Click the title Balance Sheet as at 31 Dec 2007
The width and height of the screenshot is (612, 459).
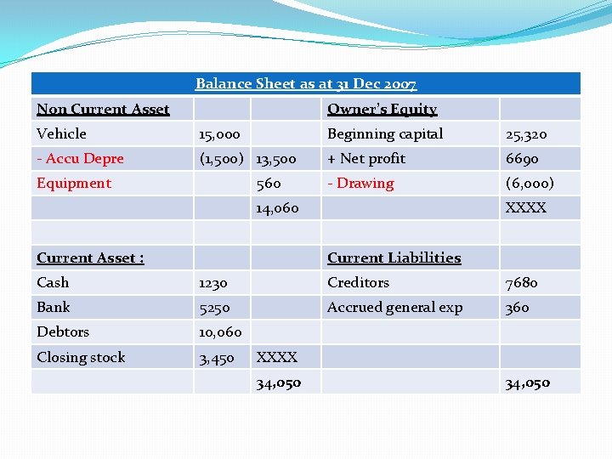(306, 84)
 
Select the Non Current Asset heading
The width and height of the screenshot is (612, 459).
(103, 109)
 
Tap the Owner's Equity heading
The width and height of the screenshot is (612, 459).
(382, 109)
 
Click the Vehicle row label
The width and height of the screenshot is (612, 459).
(61, 133)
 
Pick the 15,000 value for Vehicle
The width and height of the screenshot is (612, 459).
(219, 134)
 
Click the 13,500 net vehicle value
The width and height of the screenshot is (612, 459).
(276, 159)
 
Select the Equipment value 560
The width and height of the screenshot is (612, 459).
(269, 184)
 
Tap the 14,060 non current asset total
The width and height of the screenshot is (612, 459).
(277, 208)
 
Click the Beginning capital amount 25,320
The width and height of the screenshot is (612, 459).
(526, 134)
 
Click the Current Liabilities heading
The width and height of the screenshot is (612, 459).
(394, 258)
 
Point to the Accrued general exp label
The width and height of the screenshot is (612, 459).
(394, 308)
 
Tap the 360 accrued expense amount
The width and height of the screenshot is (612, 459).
(517, 308)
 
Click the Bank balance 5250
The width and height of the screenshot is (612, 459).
(214, 308)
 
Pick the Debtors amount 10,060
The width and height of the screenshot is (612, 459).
(220, 332)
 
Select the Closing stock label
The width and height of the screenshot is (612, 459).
(81, 357)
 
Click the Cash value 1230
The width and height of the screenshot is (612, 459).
(213, 283)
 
